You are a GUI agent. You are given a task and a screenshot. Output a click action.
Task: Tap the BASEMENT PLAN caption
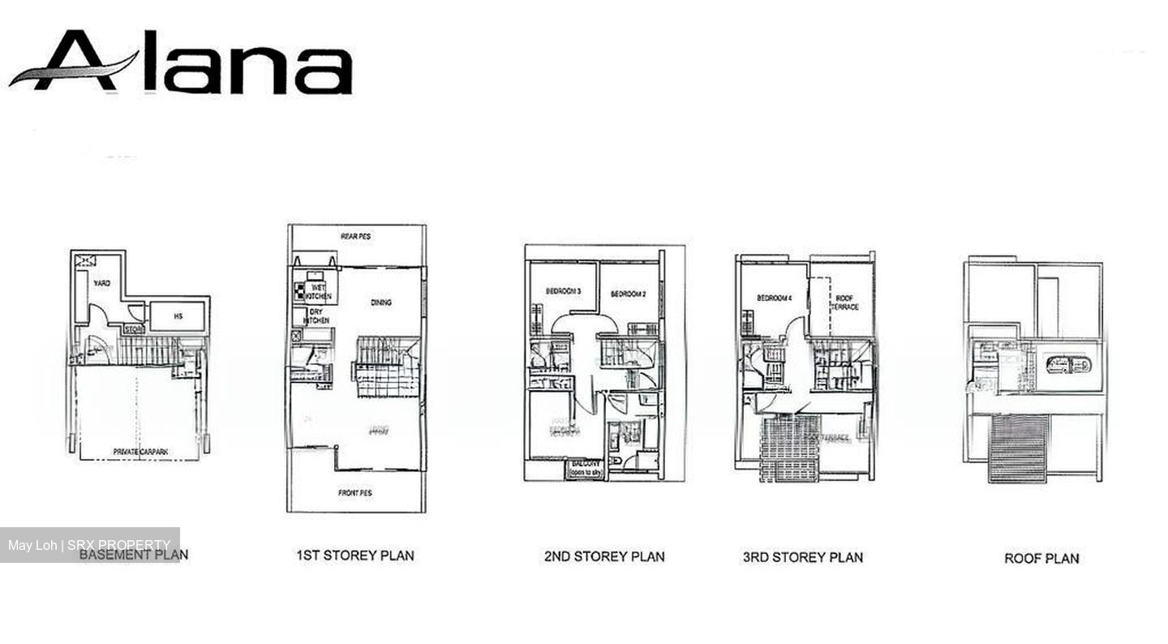[134, 555]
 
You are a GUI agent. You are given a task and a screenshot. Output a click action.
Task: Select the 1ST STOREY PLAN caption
[354, 556]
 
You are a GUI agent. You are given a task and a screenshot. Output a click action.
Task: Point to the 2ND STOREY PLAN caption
[604, 556]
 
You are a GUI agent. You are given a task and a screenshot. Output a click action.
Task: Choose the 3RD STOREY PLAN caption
[802, 557]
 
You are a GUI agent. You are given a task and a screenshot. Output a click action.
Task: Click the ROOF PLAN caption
[1041, 558]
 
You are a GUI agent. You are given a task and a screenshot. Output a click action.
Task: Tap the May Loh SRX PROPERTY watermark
[89, 545]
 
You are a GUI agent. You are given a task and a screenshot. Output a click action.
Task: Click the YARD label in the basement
[102, 283]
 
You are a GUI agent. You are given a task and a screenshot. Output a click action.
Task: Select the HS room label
[178, 316]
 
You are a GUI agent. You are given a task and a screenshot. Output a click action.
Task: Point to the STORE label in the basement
[133, 330]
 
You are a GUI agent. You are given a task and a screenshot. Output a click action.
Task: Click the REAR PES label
[355, 236]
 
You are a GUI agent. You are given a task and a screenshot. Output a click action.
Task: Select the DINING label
[380, 303]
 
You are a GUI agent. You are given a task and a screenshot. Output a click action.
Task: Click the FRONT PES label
[355, 492]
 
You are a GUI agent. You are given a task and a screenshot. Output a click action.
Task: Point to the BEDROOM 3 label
[563, 292]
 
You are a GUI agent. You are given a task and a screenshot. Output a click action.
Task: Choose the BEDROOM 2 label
[628, 294]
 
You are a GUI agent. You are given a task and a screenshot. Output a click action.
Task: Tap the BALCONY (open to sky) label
[584, 468]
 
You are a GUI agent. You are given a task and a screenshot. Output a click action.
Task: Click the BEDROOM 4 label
[774, 298]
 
